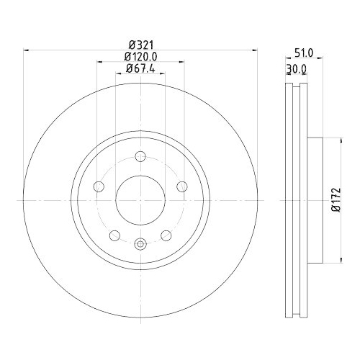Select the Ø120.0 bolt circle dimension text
point(141,56)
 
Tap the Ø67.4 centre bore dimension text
point(141,68)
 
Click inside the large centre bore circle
point(141,199)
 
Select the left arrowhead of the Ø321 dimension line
point(27,50)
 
